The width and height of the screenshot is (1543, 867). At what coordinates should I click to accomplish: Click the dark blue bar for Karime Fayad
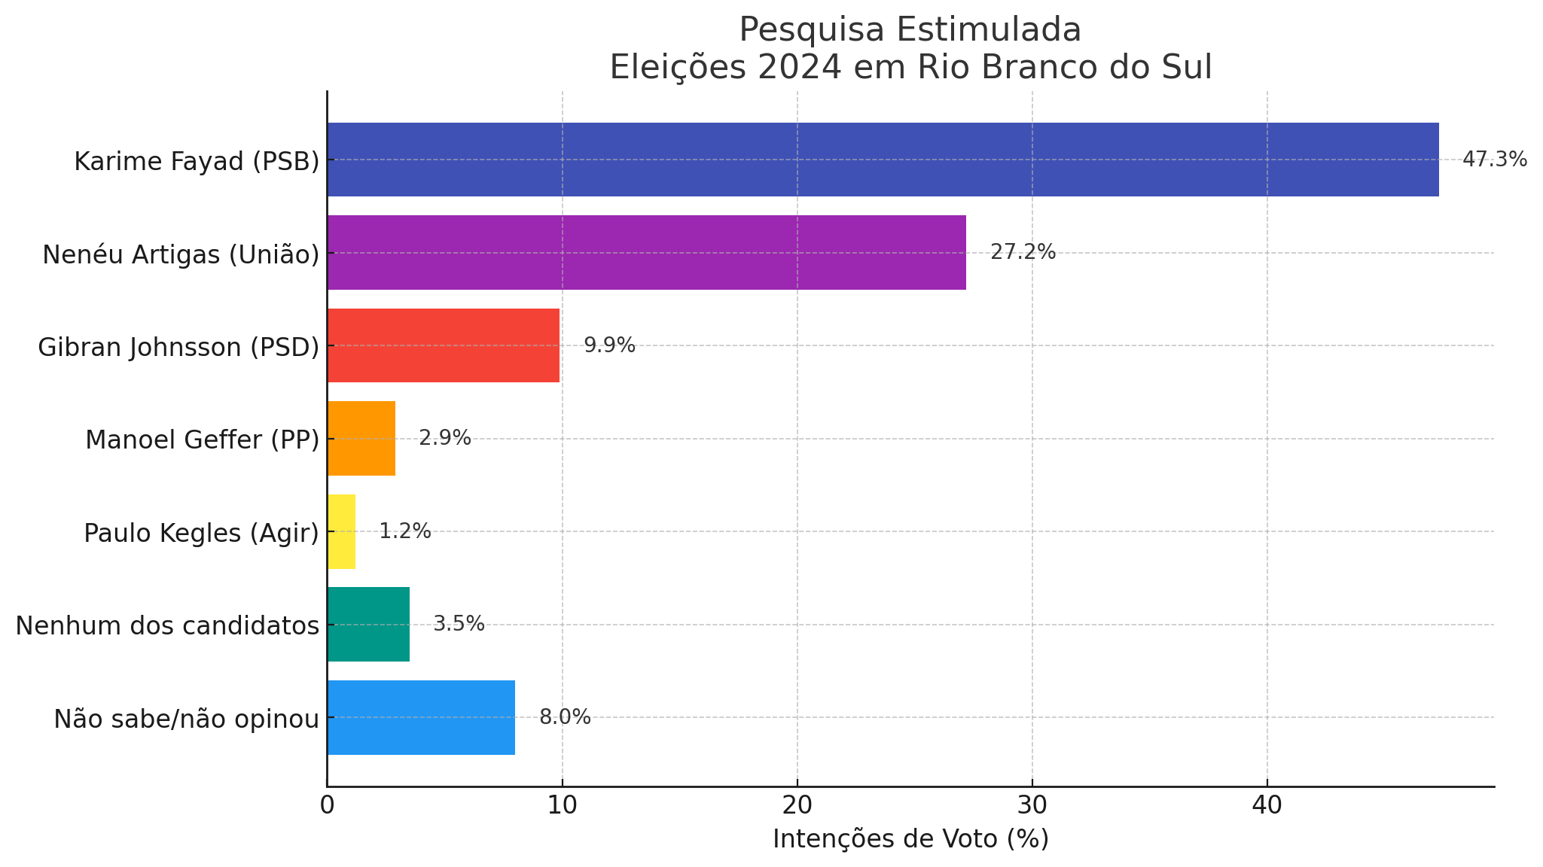click(x=883, y=160)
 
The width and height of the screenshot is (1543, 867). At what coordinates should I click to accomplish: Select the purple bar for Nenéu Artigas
click(x=646, y=253)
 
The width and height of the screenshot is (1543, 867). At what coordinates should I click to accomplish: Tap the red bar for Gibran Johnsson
click(x=443, y=345)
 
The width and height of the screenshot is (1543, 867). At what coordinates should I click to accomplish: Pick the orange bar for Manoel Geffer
click(x=361, y=439)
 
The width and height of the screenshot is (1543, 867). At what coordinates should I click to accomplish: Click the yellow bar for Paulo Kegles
click(x=341, y=531)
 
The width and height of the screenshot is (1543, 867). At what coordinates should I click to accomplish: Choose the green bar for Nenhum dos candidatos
click(x=368, y=625)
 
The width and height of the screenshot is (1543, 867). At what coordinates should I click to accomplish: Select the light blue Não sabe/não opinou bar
click(x=421, y=717)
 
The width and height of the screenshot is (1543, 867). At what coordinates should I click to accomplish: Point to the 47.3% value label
click(x=1494, y=160)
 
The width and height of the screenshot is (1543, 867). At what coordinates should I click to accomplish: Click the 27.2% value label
click(x=1023, y=253)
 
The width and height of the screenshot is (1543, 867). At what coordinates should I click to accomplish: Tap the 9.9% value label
click(x=609, y=345)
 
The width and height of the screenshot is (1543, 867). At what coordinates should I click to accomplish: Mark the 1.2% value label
click(x=404, y=531)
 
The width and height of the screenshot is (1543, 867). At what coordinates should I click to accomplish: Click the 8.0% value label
click(x=565, y=717)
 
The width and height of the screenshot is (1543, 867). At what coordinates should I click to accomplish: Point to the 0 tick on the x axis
click(x=327, y=806)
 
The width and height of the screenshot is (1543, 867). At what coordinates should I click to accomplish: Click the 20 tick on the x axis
click(x=797, y=806)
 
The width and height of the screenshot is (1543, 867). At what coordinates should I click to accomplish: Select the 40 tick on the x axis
click(x=1267, y=806)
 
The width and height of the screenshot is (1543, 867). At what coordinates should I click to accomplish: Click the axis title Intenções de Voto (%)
click(x=910, y=839)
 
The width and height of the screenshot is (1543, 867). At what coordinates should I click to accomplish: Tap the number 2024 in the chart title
click(x=799, y=68)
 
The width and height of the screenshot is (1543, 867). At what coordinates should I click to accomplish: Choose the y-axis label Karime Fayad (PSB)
click(x=197, y=162)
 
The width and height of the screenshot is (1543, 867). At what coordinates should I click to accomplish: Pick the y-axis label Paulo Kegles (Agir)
click(x=201, y=533)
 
